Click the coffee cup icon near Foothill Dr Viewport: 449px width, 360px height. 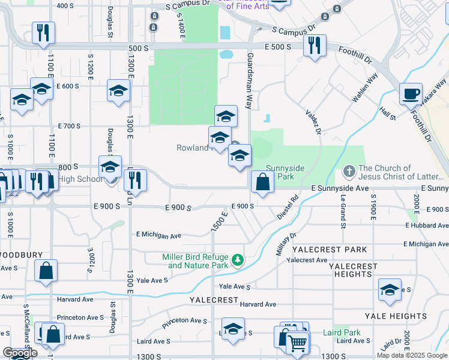(x=411, y=94)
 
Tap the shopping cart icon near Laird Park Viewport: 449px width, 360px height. (x=297, y=343)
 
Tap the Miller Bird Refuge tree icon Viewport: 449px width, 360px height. (x=238, y=260)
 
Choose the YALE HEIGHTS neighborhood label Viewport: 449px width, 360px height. (x=396, y=316)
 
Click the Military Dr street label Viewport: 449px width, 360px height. (x=286, y=244)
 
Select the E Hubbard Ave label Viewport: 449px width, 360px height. (x=427, y=225)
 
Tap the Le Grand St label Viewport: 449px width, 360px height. (x=343, y=211)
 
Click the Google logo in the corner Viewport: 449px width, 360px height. (x=20, y=353)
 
